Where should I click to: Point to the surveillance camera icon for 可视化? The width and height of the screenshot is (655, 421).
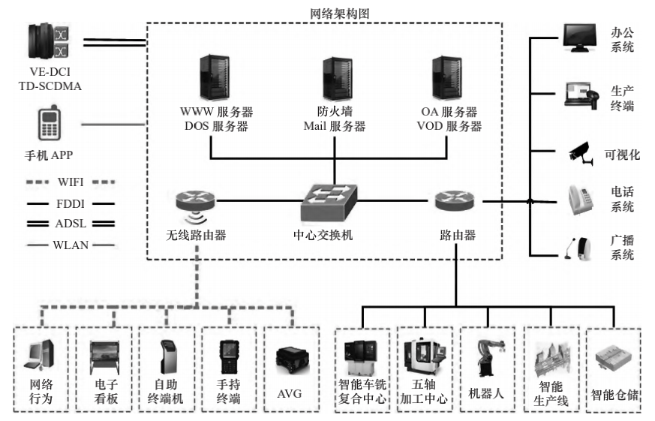coord(581,152)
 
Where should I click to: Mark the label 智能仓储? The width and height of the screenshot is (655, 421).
coord(614,392)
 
